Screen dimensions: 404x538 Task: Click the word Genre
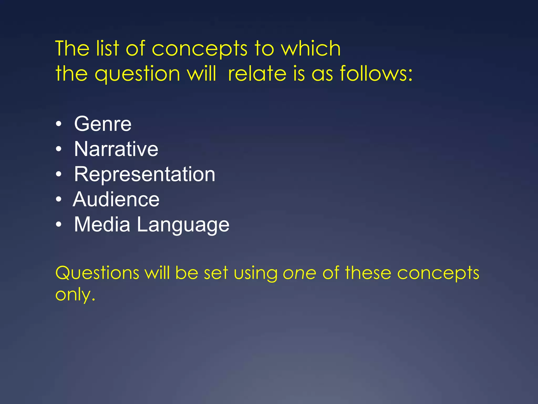pyautogui.click(x=103, y=124)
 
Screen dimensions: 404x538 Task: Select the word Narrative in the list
pyautogui.click(x=116, y=149)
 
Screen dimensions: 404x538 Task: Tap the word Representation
pyautogui.click(x=144, y=174)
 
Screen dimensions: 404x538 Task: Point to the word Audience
pyautogui.click(x=116, y=199)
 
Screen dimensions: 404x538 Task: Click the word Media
pyautogui.click(x=102, y=225)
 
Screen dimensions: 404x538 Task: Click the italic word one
pyautogui.click(x=299, y=273)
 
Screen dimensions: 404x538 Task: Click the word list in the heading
pyautogui.click(x=107, y=48)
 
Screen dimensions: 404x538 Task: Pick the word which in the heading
pyautogui.click(x=311, y=48)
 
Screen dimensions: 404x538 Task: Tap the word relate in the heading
pyautogui.click(x=257, y=74)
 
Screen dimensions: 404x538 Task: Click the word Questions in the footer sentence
pyautogui.click(x=97, y=273)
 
